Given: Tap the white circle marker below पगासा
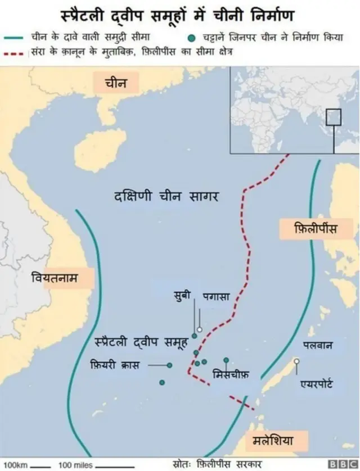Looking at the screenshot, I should coord(199,330).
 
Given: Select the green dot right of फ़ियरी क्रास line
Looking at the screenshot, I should coord(169,365).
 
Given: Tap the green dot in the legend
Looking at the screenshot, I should coord(192,38).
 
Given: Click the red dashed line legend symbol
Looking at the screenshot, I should coord(16,52).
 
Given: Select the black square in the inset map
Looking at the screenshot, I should coord(334,116).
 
